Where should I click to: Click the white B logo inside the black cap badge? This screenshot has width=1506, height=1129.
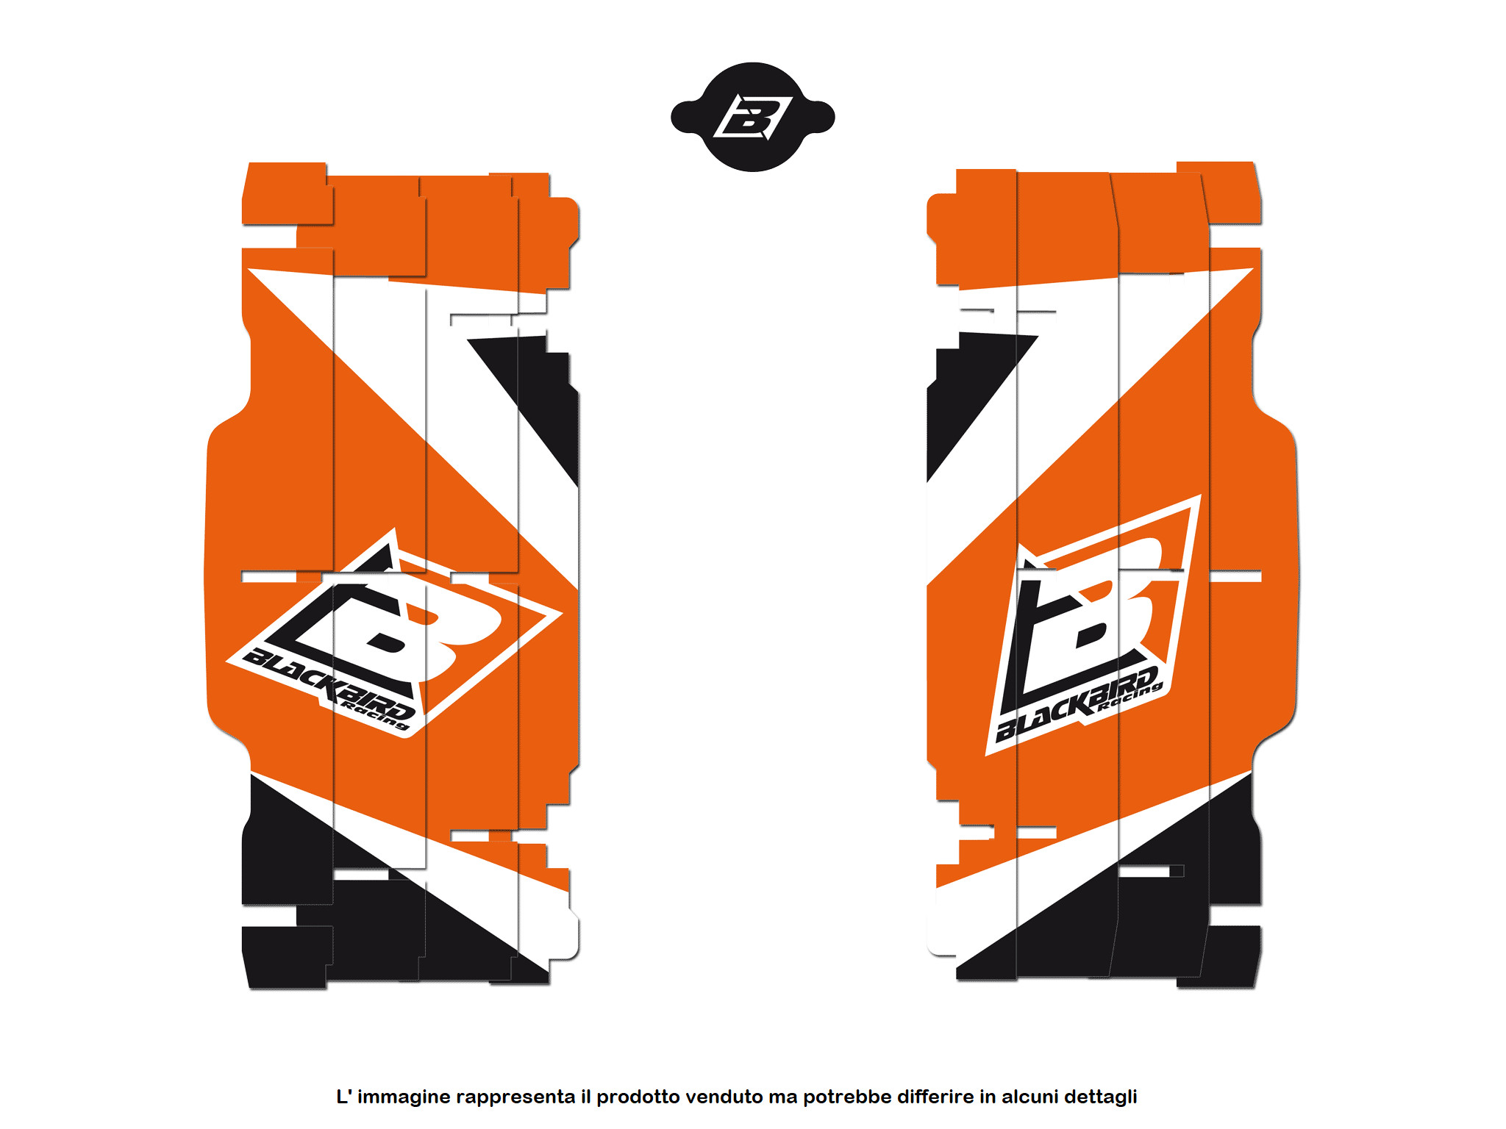point(753,117)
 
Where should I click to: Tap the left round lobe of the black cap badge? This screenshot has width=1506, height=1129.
point(686,117)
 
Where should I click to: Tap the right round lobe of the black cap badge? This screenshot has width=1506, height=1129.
point(820,117)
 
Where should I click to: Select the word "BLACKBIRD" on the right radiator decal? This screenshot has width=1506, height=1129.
point(1077,703)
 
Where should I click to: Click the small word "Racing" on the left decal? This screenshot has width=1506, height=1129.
point(375,717)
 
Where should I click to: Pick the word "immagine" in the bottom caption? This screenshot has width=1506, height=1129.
point(404,1097)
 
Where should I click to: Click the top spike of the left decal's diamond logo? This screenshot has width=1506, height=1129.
point(395,528)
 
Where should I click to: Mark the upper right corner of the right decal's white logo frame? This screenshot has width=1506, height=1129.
point(1201,495)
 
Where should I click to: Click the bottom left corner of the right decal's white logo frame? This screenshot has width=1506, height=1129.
point(986,755)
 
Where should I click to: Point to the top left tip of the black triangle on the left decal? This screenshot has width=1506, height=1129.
point(468,340)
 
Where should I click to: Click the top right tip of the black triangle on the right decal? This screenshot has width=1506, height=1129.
point(1038,337)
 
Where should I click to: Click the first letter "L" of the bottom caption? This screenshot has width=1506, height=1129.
point(342,1097)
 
